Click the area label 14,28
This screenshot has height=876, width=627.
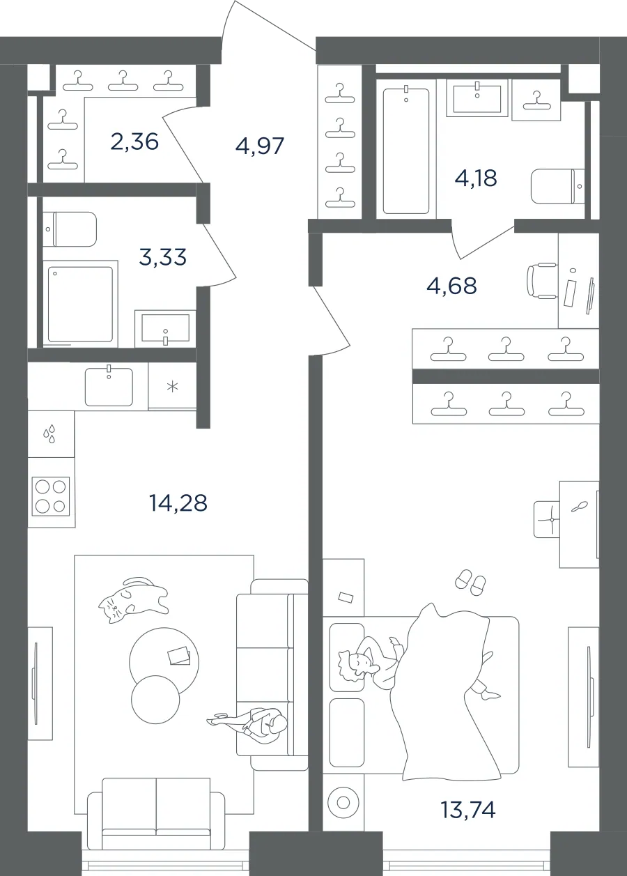coord(178,503)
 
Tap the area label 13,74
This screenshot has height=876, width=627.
coord(468,810)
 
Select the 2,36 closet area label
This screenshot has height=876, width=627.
coord(134,141)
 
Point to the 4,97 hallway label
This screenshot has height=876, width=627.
coord(260,146)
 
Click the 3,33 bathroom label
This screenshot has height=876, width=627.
coord(162,257)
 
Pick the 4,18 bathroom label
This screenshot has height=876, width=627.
coord(476,178)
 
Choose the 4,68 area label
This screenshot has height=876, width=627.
coord(451,286)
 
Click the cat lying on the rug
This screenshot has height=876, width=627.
coord(133,600)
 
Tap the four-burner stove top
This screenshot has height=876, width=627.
coord(50,496)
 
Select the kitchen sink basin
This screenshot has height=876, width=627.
coord(109,386)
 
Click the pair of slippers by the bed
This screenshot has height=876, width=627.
coord(471,583)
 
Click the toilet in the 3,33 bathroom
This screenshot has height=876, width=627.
coord(70,229)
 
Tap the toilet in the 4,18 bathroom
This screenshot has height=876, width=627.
coord(558,186)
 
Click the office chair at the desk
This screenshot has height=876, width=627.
coord(542,281)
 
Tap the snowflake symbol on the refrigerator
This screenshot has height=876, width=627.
coord(172,387)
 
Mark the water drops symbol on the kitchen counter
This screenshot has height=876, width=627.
coord(49,434)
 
